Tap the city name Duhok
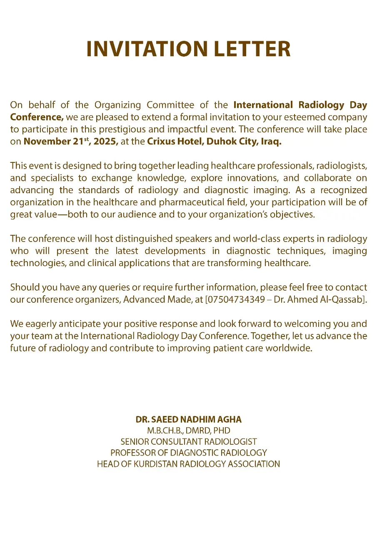[213, 141]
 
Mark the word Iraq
[271, 141]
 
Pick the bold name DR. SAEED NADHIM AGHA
[188, 419]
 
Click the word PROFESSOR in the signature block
[133, 453]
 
